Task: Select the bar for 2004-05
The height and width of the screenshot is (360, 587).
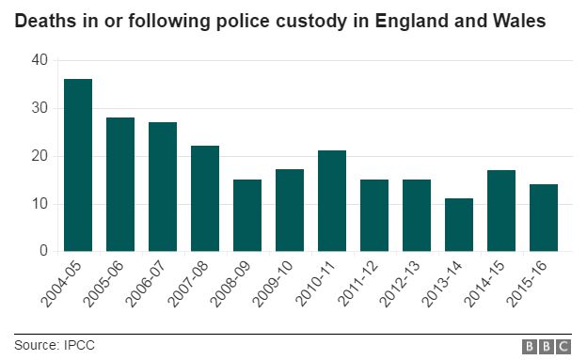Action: [x=78, y=165]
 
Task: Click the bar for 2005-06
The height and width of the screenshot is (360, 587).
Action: [x=120, y=184]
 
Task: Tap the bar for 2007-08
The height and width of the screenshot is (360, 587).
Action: [x=205, y=198]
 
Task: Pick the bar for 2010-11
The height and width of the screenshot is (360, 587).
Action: [x=332, y=201]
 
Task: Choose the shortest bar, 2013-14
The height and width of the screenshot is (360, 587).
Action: [x=459, y=225]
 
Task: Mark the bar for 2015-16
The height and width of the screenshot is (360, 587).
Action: [x=544, y=218]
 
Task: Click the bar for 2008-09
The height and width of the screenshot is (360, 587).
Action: [x=247, y=215]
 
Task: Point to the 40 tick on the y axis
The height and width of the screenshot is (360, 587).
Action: [x=39, y=60]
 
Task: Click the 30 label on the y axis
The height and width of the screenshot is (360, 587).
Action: [x=39, y=108]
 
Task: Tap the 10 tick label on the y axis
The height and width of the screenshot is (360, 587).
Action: [x=39, y=204]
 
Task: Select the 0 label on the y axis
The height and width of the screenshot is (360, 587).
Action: [x=43, y=251]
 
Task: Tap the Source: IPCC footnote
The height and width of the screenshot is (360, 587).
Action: [x=55, y=345]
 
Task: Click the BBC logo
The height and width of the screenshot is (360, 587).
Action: [x=545, y=346]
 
